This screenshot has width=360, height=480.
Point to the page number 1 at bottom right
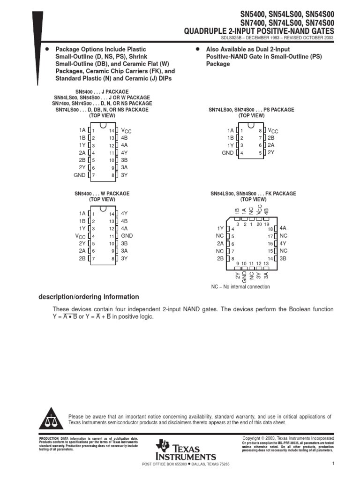tap(331, 464)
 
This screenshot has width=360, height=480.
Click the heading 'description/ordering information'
tap(88, 297)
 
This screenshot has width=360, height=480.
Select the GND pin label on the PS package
tap(227, 153)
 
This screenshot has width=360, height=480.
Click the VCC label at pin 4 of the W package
tap(80, 236)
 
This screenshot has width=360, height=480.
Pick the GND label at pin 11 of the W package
tap(127, 236)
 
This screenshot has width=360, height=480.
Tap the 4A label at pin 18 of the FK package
tap(283, 228)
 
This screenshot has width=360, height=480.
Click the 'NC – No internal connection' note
tap(240, 286)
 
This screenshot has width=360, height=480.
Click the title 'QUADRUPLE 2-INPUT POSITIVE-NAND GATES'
tap(260, 30)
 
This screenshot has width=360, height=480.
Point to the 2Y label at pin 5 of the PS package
tap(270, 153)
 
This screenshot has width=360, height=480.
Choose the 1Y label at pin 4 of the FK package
tap(220, 228)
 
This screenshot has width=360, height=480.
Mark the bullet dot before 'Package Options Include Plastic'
tap(46, 49)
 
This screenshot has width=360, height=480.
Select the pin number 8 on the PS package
tap(260, 131)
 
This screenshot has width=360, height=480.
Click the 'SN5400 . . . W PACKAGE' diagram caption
tap(102, 193)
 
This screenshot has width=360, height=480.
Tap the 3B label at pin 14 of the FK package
tap(283, 258)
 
